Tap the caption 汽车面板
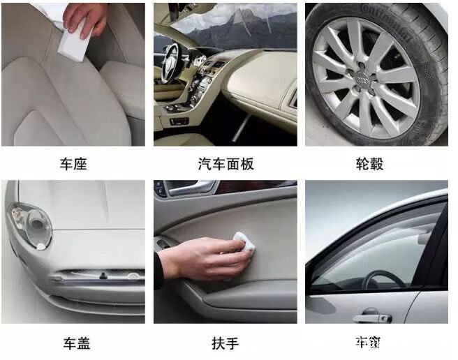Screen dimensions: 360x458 click(226, 164)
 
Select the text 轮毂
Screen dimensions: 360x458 click(369, 164)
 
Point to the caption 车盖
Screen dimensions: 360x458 click(75, 343)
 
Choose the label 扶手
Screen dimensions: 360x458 click(225, 343)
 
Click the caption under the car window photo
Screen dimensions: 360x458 click(367, 342)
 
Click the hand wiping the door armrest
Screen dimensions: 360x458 click(202, 257)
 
